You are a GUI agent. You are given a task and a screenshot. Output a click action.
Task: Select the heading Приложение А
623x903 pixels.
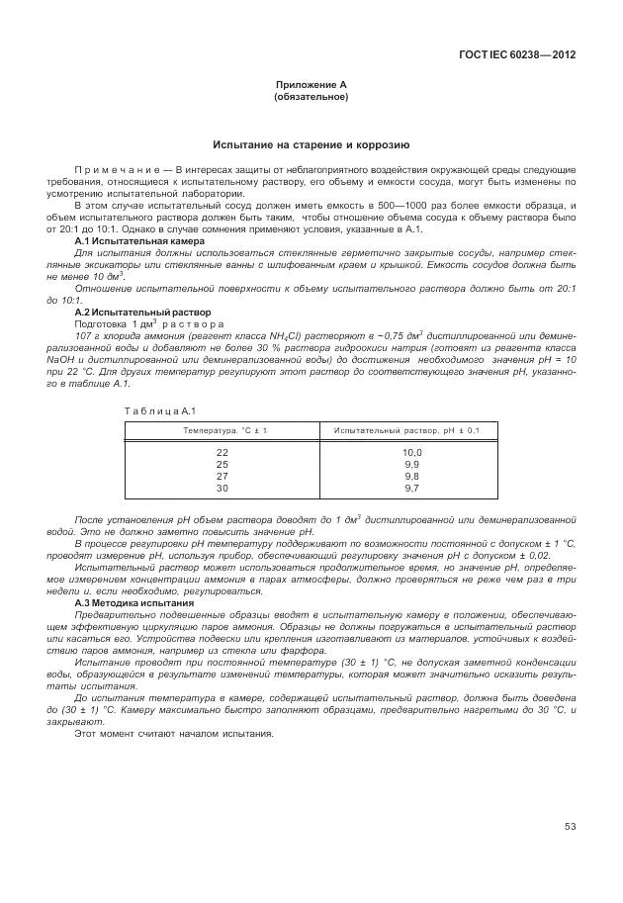pos(311,86)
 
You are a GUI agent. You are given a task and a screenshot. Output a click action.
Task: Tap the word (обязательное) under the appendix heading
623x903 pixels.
pos(311,97)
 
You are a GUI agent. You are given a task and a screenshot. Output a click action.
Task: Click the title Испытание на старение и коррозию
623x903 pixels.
pos(311,143)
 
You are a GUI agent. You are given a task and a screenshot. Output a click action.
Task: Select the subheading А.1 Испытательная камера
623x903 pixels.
pos(139,241)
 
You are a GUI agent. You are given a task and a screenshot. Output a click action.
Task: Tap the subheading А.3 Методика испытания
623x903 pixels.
pos(134,602)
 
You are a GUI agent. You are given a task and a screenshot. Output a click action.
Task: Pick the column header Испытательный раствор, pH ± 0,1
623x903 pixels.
pos(406,430)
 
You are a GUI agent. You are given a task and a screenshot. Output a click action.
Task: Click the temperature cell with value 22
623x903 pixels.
pos(222,452)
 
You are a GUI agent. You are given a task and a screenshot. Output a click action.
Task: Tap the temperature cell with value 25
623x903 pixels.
pos(222,464)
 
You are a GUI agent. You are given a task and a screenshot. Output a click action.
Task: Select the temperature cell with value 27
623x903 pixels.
pos(222,476)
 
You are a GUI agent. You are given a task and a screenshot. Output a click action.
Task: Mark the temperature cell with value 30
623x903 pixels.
pos(222,488)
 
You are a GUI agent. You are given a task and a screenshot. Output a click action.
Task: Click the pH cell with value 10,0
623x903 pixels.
pos(411,452)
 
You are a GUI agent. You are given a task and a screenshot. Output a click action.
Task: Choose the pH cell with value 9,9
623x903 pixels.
pos(411,464)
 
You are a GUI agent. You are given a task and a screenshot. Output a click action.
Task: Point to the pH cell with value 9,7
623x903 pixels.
pos(411,488)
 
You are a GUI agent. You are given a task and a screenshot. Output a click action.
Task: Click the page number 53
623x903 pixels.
pos(570,827)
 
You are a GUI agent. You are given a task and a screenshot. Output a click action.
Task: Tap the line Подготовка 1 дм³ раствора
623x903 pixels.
pos(149,324)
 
